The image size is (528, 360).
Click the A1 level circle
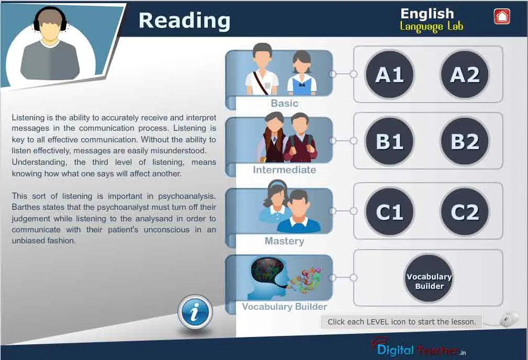point(390,74)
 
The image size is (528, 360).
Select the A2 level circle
point(465,74)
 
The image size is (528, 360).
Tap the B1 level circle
point(390,141)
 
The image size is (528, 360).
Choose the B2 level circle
point(465,141)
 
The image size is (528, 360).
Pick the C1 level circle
point(390,211)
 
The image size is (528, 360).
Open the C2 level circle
point(465,211)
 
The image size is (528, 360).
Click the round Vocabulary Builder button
point(429,278)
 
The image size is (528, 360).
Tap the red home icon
point(502,17)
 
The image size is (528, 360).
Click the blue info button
point(195,312)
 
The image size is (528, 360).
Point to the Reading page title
point(185,20)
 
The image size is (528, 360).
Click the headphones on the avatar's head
point(50,18)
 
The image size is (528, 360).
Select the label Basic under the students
point(285,103)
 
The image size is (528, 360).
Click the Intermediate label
point(285,170)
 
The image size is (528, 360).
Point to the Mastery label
point(285,241)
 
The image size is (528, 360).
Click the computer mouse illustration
point(509,319)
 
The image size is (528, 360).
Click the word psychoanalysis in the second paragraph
point(187,196)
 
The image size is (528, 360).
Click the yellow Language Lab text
point(431,26)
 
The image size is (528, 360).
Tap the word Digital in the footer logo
point(395,350)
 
